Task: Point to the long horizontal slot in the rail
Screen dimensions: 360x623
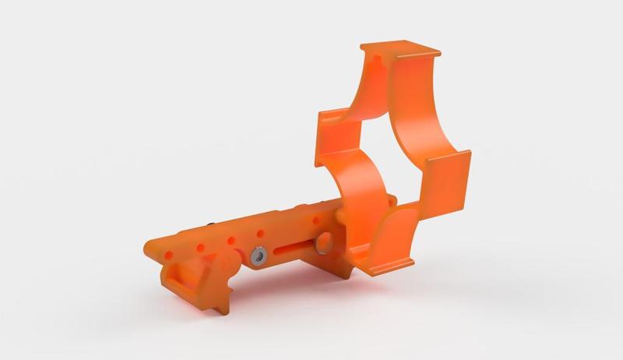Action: coord(292,247)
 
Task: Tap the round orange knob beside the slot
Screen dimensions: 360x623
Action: coord(322,242)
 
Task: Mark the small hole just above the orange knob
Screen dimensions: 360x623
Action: coord(315,223)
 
